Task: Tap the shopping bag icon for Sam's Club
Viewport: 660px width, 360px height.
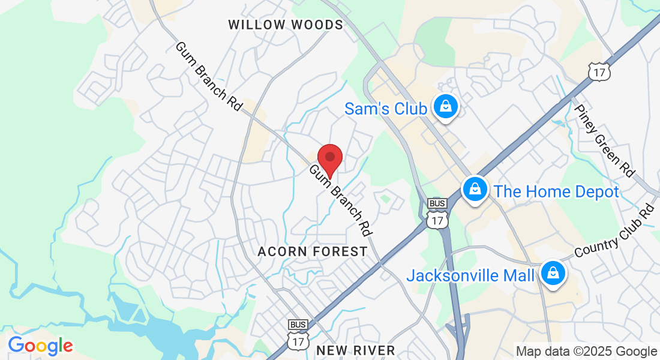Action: click(445, 107)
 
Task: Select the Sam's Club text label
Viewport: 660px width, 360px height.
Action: click(385, 109)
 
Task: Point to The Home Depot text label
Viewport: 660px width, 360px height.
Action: click(556, 191)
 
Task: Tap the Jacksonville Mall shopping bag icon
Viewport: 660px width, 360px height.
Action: click(551, 274)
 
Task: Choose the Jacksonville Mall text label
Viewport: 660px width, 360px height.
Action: click(470, 275)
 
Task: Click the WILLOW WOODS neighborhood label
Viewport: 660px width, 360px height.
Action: click(286, 25)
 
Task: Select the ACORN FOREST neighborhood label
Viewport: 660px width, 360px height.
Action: click(312, 251)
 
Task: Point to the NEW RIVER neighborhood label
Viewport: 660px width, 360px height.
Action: click(356, 350)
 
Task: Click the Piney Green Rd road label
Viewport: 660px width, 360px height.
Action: click(604, 141)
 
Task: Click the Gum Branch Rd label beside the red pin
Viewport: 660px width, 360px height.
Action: click(340, 200)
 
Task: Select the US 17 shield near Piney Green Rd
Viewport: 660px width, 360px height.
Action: click(599, 71)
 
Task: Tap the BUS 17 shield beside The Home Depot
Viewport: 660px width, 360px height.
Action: click(437, 214)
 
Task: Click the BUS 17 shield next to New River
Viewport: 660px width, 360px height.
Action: click(298, 335)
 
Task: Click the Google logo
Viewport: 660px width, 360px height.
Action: click(40, 346)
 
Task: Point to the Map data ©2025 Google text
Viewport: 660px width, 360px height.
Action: click(586, 352)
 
